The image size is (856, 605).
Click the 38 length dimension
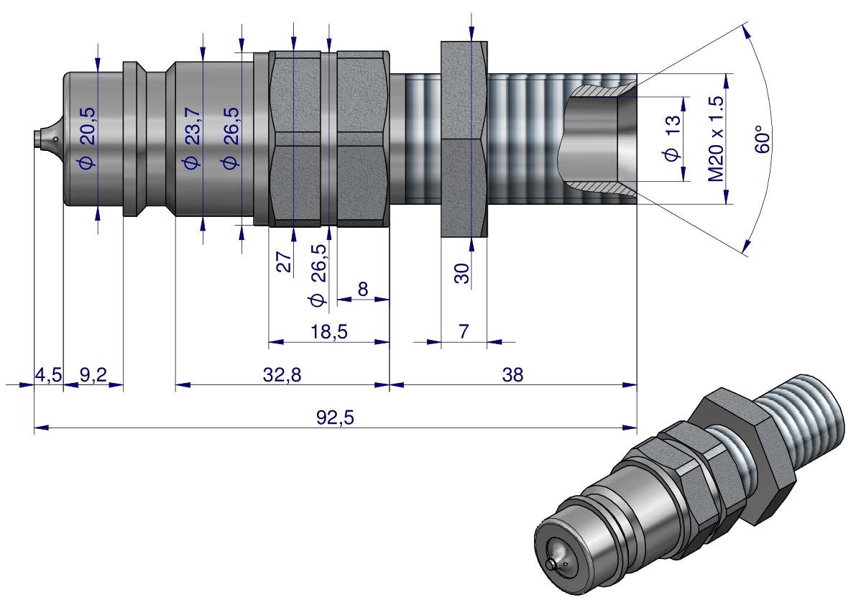(512, 375)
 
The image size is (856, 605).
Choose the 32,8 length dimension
(282, 375)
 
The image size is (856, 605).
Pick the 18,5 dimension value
(328, 332)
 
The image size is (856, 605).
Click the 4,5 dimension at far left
(47, 375)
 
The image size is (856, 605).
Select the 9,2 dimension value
(93, 375)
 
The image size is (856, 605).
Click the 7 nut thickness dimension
(463, 332)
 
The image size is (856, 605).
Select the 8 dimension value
(362, 289)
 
